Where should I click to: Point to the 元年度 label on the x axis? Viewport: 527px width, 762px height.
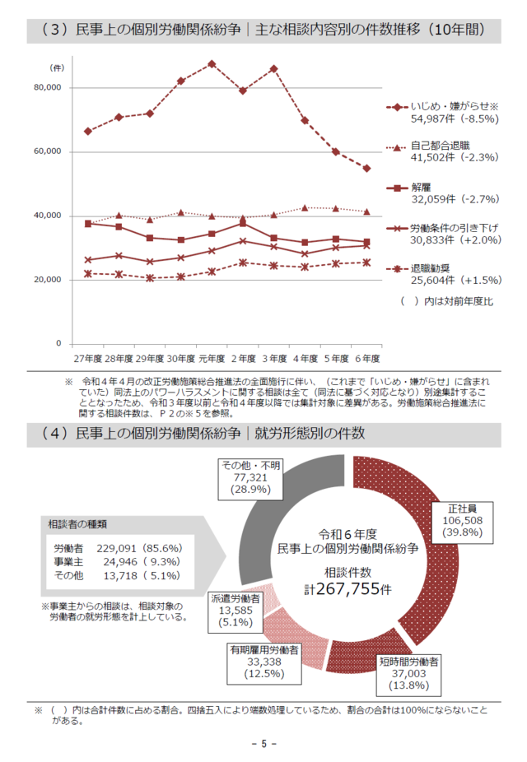212,359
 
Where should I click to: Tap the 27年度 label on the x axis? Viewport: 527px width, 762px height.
87,359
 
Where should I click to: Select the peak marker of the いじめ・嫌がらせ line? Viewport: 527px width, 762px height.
212,63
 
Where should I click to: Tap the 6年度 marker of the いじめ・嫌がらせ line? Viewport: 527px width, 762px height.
366,168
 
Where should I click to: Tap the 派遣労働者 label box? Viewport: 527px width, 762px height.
236,610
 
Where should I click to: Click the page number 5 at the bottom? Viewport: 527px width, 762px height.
263,744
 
